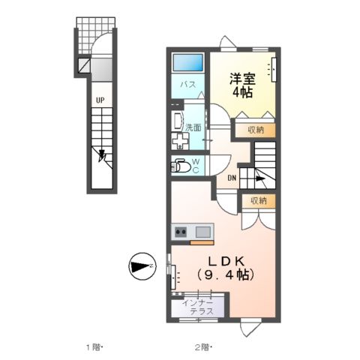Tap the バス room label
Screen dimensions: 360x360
[x=187, y=85]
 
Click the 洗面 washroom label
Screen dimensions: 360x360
[x=193, y=127]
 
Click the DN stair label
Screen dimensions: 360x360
[x=232, y=178]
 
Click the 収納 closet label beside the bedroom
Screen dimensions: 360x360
[x=256, y=130]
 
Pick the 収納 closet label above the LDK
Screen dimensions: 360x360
[x=258, y=200]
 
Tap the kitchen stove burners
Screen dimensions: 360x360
[x=181, y=232]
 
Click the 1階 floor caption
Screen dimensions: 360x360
[x=93, y=346]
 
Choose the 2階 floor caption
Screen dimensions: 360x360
[x=203, y=346]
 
